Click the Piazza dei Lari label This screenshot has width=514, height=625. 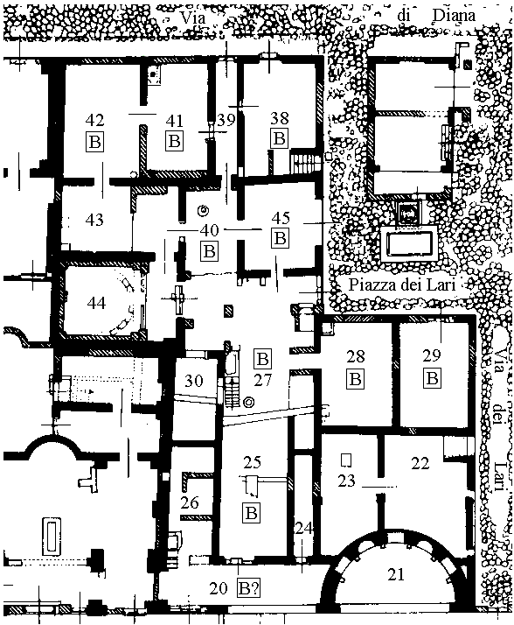coord(402,285)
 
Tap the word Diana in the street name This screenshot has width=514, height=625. coord(454,16)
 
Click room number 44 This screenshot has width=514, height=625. coord(96,304)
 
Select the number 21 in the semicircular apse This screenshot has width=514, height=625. coord(396,574)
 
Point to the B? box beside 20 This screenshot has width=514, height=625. coord(249,588)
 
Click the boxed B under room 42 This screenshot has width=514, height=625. coord(94,142)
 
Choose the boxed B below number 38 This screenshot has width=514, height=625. coord(280,138)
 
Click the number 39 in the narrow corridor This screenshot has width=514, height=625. coord(226,120)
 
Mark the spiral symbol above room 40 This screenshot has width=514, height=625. coord(204,210)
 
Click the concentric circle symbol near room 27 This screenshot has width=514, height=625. coord(250,403)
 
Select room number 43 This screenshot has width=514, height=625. coord(94,220)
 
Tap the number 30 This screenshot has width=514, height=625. coord(194,381)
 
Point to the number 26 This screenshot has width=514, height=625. coord(190,502)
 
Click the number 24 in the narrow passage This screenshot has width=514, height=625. coord(304,529)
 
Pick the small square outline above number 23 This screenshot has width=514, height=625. coord(346,460)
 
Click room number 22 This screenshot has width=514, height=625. coord(420,464)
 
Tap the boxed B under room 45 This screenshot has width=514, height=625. coord(281,238)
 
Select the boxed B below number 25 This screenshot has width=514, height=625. coord(251,513)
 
